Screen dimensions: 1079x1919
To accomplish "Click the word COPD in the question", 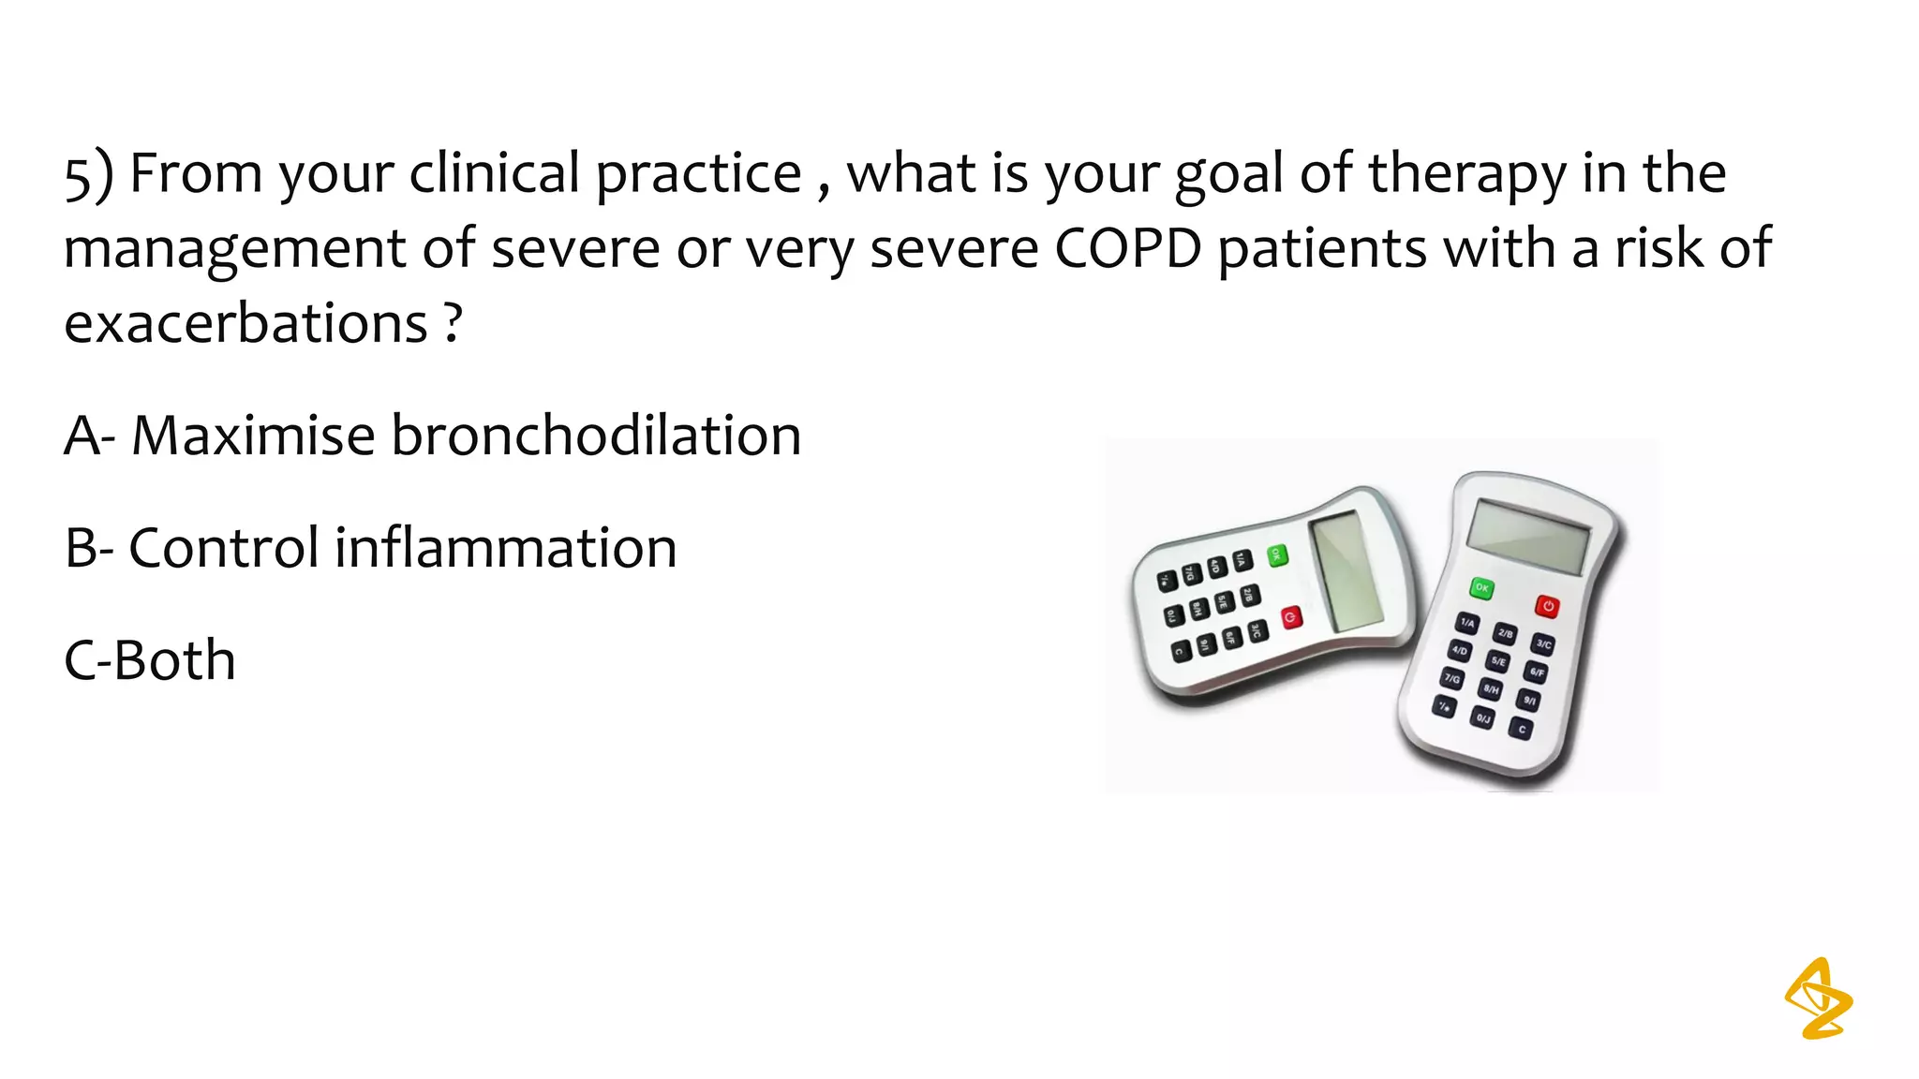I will pyautogui.click(x=1127, y=248).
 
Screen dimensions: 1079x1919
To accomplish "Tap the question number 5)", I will pyautogui.click(x=88, y=175).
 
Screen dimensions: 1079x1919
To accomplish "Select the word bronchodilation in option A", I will pyautogui.click(x=595, y=436).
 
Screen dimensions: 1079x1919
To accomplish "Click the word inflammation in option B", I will pyautogui.click(x=505, y=548).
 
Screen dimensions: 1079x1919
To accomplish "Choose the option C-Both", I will pyautogui.click(x=150, y=660).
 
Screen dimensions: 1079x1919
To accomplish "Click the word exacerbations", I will pyautogui.click(x=245, y=324).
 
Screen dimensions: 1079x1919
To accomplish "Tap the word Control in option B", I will pyautogui.click(x=224, y=548).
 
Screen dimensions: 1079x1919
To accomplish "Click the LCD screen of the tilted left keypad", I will pyautogui.click(x=1346, y=571).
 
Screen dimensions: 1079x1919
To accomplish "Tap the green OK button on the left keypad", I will pyautogui.click(x=1277, y=555).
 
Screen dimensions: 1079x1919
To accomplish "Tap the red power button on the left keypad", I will pyautogui.click(x=1291, y=617).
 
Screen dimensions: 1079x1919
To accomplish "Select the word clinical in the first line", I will pyautogui.click(x=494, y=174).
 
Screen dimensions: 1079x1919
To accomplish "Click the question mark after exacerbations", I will pyautogui.click(x=454, y=324).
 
